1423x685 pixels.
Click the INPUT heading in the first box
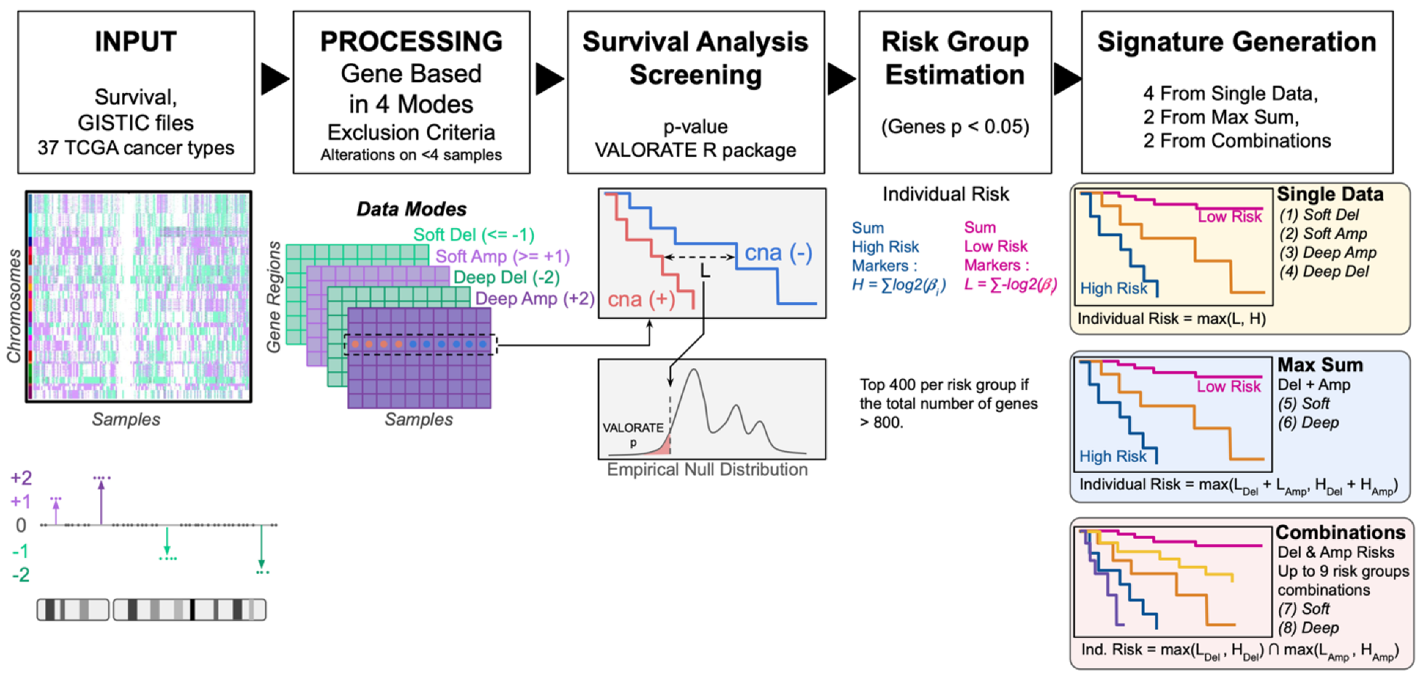(136, 41)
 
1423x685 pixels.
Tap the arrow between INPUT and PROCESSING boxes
(274, 78)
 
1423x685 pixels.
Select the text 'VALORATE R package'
(695, 150)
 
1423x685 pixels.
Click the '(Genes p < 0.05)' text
(954, 126)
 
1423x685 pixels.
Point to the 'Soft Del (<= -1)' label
(474, 235)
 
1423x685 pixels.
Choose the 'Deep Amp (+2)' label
(535, 299)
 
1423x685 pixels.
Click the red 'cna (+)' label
(641, 299)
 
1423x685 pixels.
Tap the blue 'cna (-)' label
(778, 253)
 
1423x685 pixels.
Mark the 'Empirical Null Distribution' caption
(707, 469)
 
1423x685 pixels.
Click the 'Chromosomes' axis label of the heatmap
(14, 306)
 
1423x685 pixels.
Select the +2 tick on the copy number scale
(21, 478)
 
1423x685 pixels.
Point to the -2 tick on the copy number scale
(21, 575)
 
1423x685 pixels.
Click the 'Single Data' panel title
(1329, 194)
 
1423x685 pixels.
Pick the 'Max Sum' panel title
(1320, 365)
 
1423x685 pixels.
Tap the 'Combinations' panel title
(1340, 532)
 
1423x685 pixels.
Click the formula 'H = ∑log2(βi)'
(899, 285)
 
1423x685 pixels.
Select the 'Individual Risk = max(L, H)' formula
(1171, 318)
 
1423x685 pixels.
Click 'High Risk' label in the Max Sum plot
(1112, 456)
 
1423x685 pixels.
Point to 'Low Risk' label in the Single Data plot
(1229, 216)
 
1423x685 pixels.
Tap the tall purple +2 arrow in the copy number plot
(101, 501)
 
